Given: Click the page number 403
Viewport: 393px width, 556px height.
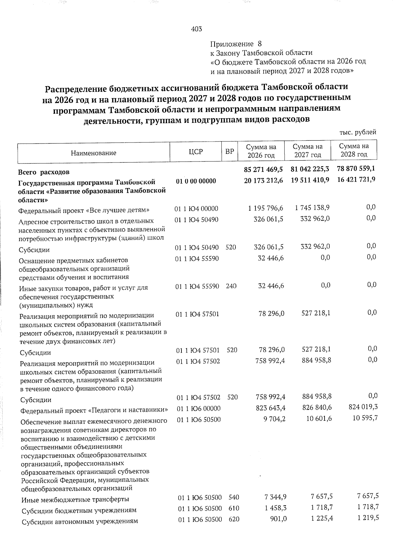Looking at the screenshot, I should (x=196, y=29).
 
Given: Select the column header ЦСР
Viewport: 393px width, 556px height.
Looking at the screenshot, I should (x=196, y=152).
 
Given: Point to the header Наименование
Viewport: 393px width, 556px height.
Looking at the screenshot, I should (x=94, y=153).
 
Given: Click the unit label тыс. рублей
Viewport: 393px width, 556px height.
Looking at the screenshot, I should (x=358, y=132).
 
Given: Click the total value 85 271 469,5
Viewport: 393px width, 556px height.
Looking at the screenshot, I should (x=263, y=169).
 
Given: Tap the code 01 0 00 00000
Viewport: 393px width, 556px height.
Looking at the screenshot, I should (x=196, y=181).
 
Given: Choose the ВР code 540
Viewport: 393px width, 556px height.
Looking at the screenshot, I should (x=234, y=497).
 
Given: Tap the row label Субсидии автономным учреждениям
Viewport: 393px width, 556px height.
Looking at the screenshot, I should (x=80, y=521).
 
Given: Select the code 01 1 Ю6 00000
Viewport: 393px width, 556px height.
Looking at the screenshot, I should (x=198, y=409).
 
